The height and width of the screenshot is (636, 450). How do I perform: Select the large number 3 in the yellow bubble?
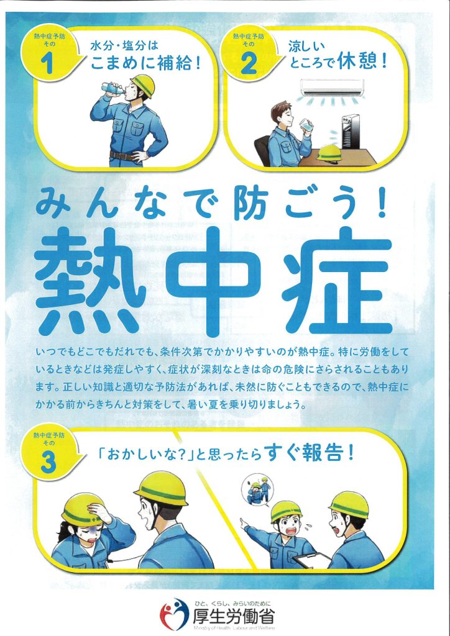[48, 465]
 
